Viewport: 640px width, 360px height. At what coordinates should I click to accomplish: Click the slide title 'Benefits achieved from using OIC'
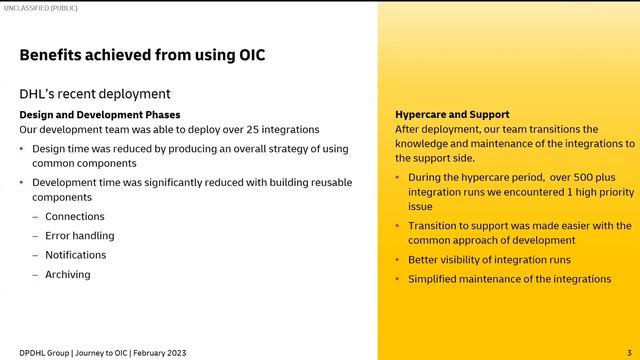[142, 54]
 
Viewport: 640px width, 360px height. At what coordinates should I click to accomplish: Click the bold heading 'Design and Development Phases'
[100, 115]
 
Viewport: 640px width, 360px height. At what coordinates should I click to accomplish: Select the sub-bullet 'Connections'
[75, 217]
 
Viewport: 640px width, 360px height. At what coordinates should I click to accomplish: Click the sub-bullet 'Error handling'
[80, 236]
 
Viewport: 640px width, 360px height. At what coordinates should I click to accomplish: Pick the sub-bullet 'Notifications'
[76, 255]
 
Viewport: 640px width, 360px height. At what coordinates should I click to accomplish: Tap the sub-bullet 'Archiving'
[68, 274]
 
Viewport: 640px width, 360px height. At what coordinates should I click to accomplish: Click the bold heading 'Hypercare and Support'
[452, 115]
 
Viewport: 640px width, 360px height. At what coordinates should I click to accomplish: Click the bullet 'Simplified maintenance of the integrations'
[509, 279]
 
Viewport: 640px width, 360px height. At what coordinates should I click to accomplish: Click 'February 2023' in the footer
[159, 353]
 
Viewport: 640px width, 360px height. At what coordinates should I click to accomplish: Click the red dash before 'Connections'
[35, 217]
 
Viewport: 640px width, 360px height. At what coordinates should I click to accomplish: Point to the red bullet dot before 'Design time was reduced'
[22, 149]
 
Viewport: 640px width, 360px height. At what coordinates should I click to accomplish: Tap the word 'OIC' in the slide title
[249, 54]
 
